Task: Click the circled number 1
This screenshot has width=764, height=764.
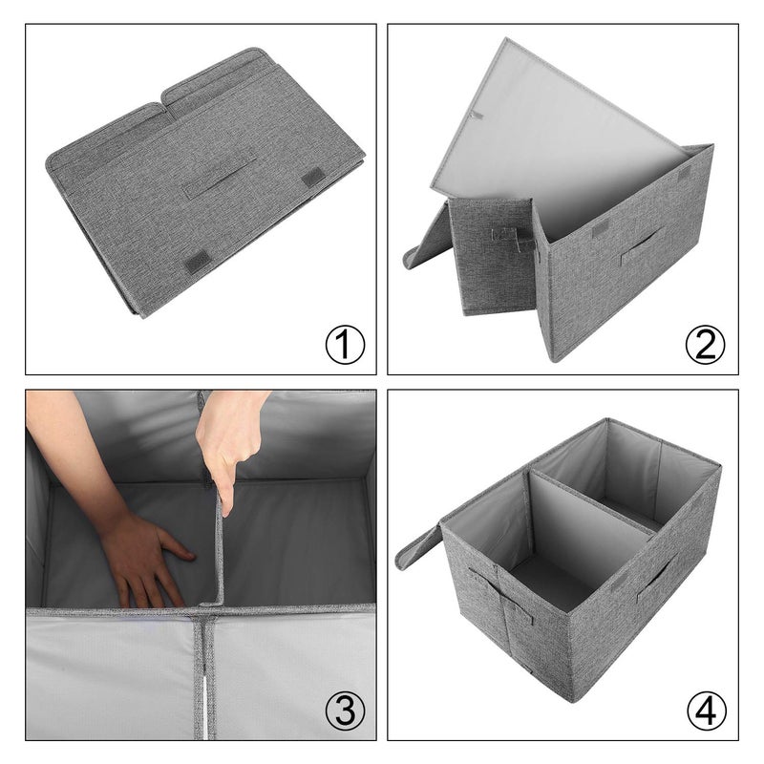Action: [x=345, y=345]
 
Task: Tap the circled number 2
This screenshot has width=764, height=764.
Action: [x=705, y=345]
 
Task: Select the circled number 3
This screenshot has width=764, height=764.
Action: [x=345, y=710]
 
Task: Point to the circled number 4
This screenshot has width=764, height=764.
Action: [x=705, y=710]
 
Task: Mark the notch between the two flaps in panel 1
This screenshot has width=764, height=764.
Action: [x=163, y=95]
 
